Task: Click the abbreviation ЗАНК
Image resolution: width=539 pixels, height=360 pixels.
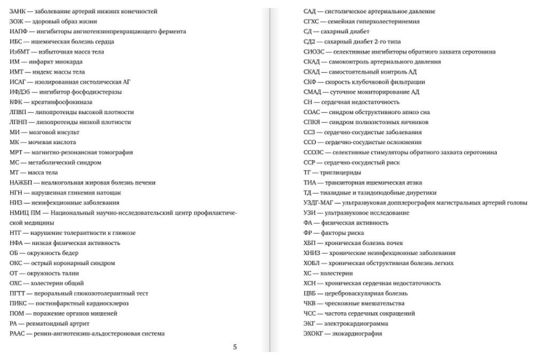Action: [17, 11]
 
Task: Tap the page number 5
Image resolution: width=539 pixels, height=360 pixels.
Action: [235, 347]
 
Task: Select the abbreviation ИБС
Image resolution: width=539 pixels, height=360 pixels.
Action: [15, 42]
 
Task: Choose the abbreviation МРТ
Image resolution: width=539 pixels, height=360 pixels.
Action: [16, 152]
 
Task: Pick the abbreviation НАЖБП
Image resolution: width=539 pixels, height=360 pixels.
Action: [21, 183]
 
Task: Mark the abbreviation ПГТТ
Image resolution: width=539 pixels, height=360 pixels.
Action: [17, 293]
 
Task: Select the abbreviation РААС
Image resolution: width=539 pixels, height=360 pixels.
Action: [17, 333]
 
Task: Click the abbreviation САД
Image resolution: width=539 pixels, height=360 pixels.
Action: [309, 11]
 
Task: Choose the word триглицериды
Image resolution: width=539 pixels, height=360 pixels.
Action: [340, 173]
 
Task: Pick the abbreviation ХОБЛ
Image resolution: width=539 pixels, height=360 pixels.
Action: [311, 263]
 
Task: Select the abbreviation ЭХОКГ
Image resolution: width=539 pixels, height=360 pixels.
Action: [313, 334]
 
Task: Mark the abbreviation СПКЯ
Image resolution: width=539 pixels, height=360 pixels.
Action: [311, 122]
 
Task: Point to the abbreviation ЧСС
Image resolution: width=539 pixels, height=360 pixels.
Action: [309, 314]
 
